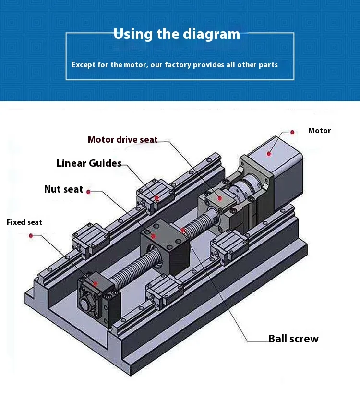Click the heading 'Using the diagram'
click(x=177, y=34)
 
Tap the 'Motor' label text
click(x=319, y=131)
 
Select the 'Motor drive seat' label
click(x=122, y=140)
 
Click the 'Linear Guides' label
click(x=89, y=163)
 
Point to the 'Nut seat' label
click(x=63, y=189)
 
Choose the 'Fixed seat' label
click(x=24, y=222)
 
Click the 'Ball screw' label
click(x=293, y=339)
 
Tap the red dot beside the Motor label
click(x=292, y=131)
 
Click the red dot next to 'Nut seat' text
click(x=88, y=191)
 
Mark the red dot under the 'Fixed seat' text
click(x=31, y=236)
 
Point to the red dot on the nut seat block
click(x=153, y=236)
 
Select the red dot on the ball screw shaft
click(x=183, y=230)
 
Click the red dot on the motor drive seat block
click(x=220, y=197)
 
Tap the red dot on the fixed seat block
click(x=96, y=284)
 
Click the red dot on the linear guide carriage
click(x=156, y=197)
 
